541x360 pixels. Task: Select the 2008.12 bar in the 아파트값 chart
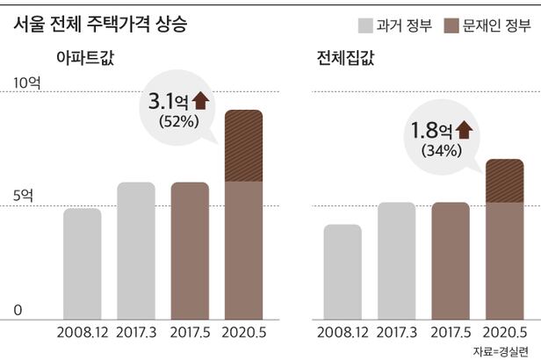(82, 263)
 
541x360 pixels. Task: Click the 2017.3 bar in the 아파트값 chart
(136, 250)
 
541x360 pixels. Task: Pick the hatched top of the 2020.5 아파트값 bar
(245, 146)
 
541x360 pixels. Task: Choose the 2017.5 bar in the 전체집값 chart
(451, 260)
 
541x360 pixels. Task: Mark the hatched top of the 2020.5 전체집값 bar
(505, 181)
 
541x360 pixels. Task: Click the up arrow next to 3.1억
(200, 100)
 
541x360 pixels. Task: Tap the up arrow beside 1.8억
(464, 131)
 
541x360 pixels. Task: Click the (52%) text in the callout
(177, 121)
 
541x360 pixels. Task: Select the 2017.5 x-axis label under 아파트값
(190, 334)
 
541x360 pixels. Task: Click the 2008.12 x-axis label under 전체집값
(343, 334)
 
